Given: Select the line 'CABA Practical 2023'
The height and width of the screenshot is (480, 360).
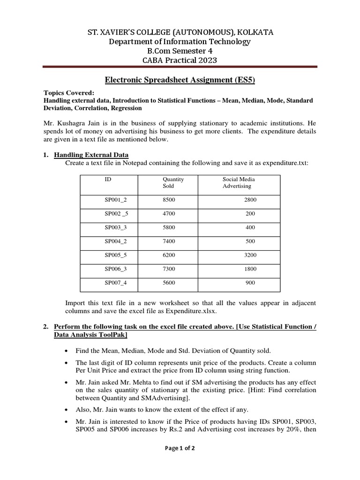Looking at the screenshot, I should coord(180,60).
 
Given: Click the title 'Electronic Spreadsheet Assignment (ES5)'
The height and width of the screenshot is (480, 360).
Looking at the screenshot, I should coord(180,80).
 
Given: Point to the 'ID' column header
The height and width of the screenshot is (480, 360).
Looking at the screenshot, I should coord(107,179).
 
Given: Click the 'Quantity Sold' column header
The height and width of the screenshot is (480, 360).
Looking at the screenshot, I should coord(173,182).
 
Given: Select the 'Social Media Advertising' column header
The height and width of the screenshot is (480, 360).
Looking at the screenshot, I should coord(239,182).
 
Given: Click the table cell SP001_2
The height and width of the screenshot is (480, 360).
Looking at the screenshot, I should coord(115,200).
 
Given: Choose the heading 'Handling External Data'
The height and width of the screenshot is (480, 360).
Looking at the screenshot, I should coord(91,155).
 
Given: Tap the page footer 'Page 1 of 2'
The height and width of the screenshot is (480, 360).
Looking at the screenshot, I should coord(180,448).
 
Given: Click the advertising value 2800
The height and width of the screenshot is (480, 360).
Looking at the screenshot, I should coord(250,200).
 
